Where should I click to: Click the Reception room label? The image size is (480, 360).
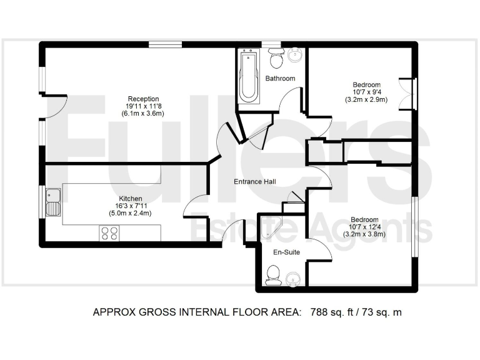pyautogui.click(x=143, y=99)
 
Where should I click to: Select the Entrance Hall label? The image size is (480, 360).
pyautogui.click(x=255, y=182)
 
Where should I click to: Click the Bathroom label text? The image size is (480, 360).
pyautogui.click(x=280, y=79)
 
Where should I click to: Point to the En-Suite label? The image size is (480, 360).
pyautogui.click(x=287, y=252)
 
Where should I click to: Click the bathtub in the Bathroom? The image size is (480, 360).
pyautogui.click(x=249, y=79)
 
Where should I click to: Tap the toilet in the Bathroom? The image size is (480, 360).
pyautogui.click(x=276, y=60)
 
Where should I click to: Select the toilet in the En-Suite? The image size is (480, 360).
pyautogui.click(x=272, y=275)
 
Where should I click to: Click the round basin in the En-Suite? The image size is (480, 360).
pyautogui.click(x=292, y=278)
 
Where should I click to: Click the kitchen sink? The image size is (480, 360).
pyautogui.click(x=52, y=202)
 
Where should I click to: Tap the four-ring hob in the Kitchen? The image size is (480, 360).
pyautogui.click(x=109, y=233)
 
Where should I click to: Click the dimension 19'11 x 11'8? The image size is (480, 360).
pyautogui.click(x=143, y=106)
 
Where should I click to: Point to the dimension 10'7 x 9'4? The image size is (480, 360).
pyautogui.click(x=366, y=92)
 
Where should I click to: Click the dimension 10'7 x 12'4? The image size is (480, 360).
pyautogui.click(x=364, y=227)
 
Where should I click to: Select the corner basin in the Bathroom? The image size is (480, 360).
pyautogui.click(x=295, y=56)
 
